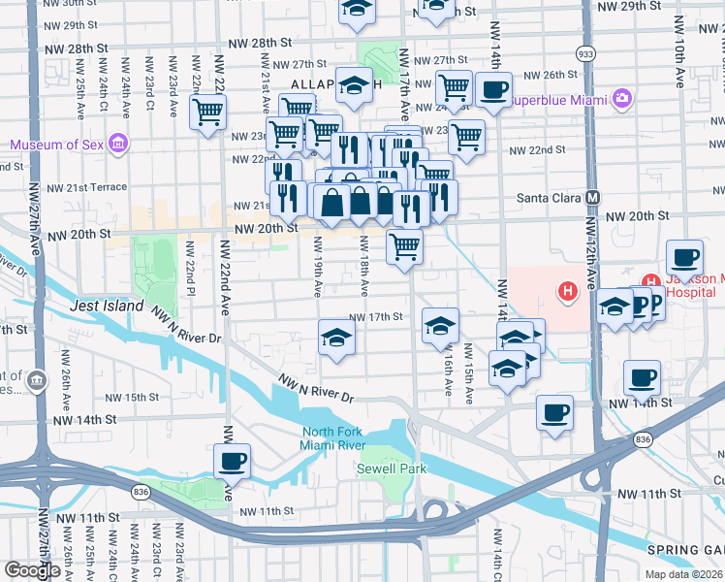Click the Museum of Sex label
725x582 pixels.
[55, 145]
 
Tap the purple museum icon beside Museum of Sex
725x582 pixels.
[118, 145]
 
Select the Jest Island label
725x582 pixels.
[107, 306]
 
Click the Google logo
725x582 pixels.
[32, 570]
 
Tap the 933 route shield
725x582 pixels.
[586, 53]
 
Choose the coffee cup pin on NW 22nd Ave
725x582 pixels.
[232, 462]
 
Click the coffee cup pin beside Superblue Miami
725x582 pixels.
[493, 90]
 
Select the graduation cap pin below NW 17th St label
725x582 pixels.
[336, 338]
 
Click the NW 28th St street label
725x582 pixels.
[261, 45]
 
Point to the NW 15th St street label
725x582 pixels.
[127, 397]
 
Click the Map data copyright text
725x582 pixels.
[683, 574]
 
